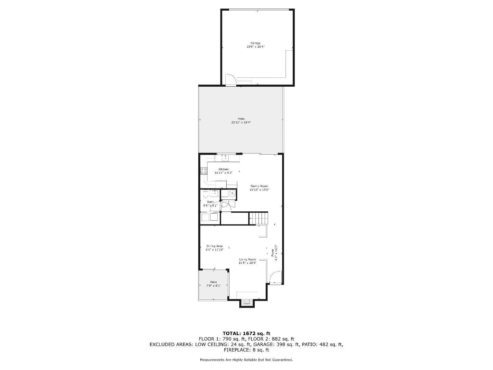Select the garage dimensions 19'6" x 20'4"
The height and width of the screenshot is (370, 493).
[255, 47]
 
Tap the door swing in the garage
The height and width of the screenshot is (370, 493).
[230, 79]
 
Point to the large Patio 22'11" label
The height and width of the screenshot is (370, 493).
[241, 119]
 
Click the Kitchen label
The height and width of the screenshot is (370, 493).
[224, 169]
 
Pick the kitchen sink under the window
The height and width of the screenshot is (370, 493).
[226, 158]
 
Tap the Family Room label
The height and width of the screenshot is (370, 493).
[259, 186]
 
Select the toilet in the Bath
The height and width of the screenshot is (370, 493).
[205, 195]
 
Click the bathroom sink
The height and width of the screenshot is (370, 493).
[215, 193]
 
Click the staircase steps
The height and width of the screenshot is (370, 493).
[258, 218]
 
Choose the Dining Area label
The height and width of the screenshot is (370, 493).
[214, 246]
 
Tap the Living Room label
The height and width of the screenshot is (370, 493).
[247, 259]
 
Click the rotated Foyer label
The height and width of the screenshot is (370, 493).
[273, 252]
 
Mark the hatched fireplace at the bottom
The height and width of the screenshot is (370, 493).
[246, 302]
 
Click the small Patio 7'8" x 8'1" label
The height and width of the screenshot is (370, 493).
[214, 282]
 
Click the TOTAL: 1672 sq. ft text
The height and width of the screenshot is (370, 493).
[246, 333]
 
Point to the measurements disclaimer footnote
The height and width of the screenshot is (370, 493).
[246, 360]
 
